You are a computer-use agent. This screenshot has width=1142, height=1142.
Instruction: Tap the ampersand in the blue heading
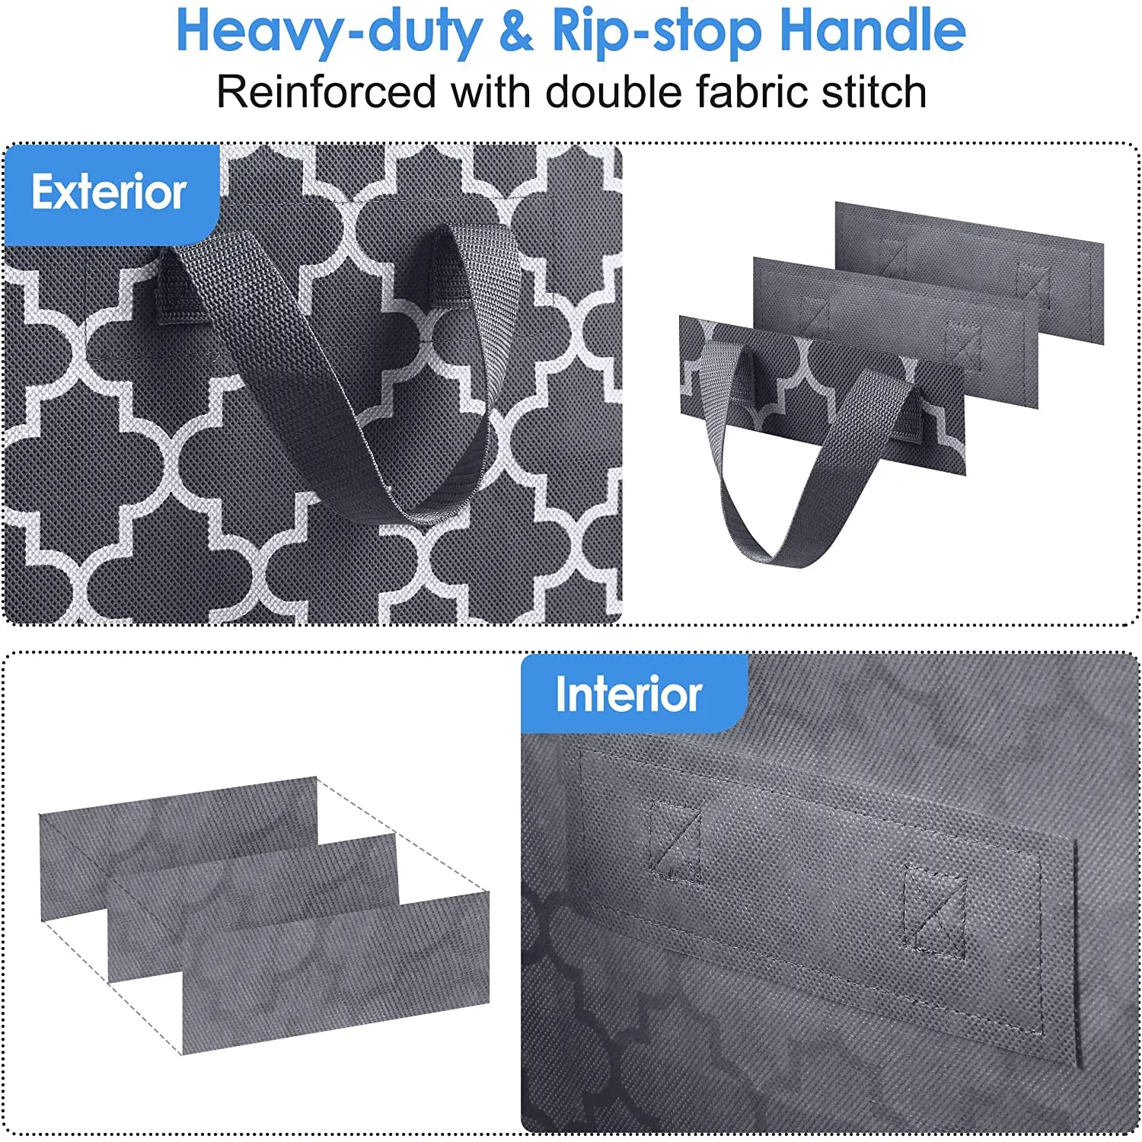pos(517,32)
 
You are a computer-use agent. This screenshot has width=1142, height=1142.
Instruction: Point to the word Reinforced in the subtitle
pos(326,92)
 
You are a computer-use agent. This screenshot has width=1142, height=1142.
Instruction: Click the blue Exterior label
pos(110,192)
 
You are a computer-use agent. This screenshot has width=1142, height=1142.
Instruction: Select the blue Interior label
pos(629,694)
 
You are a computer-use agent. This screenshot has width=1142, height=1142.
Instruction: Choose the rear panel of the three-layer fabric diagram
pos(175,822)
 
